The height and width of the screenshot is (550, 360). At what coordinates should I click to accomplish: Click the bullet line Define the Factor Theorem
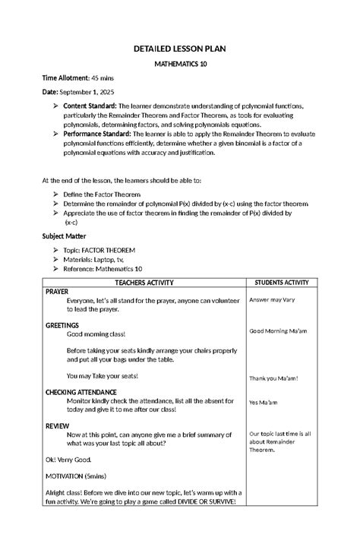(x=102, y=194)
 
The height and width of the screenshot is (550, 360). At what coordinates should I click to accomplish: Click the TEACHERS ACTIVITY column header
(x=144, y=283)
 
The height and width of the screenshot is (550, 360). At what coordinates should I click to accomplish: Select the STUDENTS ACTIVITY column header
(x=281, y=283)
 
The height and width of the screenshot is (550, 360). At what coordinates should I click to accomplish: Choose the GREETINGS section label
(x=62, y=325)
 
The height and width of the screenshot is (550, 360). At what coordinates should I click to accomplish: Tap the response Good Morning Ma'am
(x=278, y=331)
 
